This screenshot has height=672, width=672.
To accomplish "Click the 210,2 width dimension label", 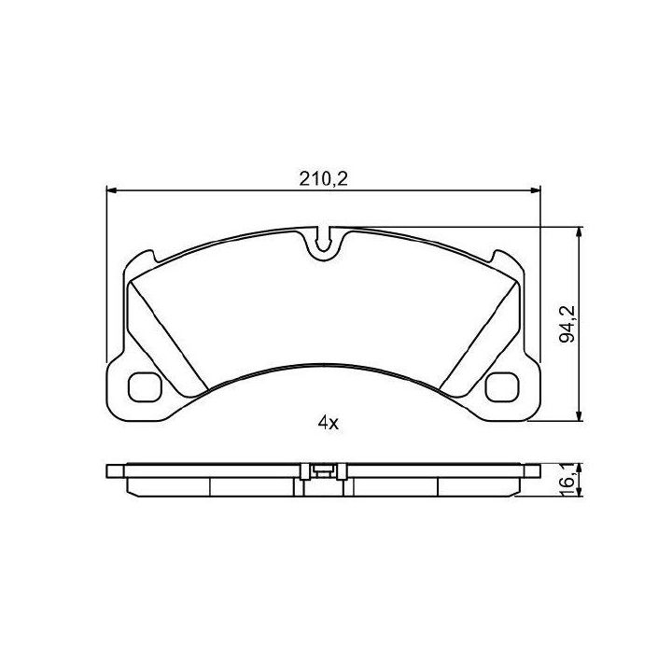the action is pos(323,178).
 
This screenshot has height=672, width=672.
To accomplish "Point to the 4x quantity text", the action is pos(329,424).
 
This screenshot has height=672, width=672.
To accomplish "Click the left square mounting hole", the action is pos(145,387).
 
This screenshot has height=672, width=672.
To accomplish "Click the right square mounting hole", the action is pos(502,387).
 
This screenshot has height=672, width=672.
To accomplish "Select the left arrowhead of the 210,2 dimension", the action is pos(111,190).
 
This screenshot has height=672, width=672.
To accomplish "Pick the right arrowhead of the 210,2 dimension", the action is pos(536,190).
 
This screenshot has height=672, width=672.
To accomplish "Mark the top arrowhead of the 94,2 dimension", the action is pos(579,232).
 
